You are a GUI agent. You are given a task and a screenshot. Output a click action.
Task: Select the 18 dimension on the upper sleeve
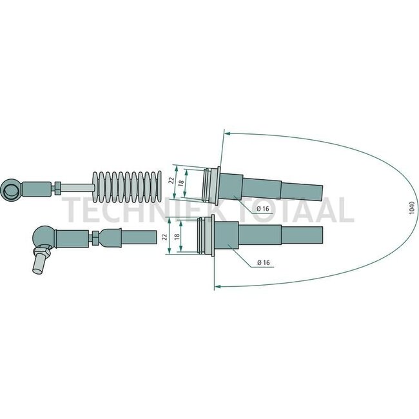tap(181, 182)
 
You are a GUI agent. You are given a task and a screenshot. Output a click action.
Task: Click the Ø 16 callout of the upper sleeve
tap(262, 209)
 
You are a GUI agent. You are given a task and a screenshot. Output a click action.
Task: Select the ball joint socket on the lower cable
tap(44, 238)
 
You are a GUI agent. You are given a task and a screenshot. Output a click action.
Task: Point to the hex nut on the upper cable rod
tap(57, 188)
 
